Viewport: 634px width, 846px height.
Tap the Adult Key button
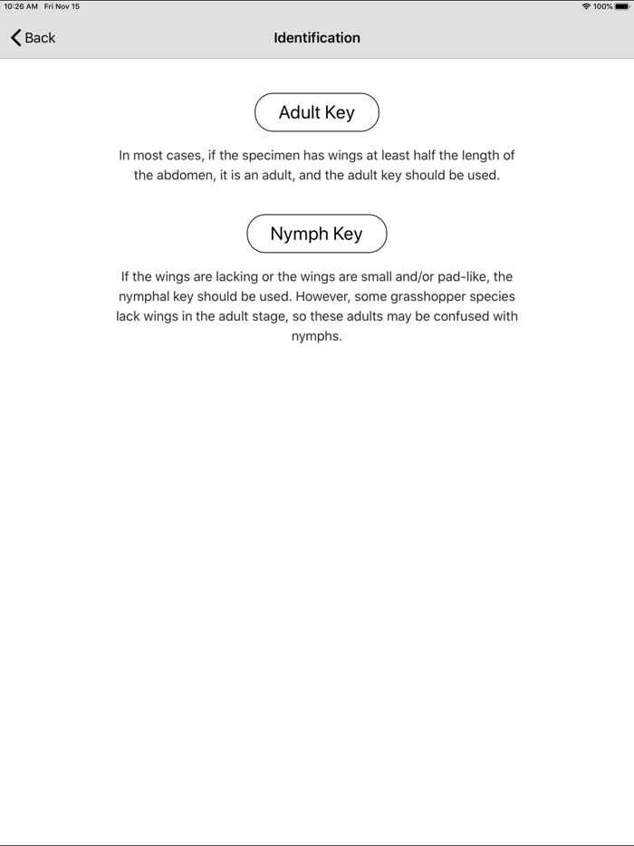coord(316,112)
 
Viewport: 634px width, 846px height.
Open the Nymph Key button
coord(316,234)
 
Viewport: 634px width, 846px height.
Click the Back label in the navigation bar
coord(40,38)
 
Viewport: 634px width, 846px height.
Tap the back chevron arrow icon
coord(15,38)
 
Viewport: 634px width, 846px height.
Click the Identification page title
coord(317,38)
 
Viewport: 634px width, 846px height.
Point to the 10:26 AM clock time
coord(21,6)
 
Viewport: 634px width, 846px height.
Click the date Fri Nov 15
coord(62,6)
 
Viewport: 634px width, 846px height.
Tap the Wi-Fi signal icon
coord(586,6)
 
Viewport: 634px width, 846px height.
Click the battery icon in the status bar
coord(621,6)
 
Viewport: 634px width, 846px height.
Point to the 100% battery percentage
coord(603,6)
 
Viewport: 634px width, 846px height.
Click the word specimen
coord(273,156)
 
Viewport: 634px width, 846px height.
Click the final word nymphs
coord(316,337)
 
